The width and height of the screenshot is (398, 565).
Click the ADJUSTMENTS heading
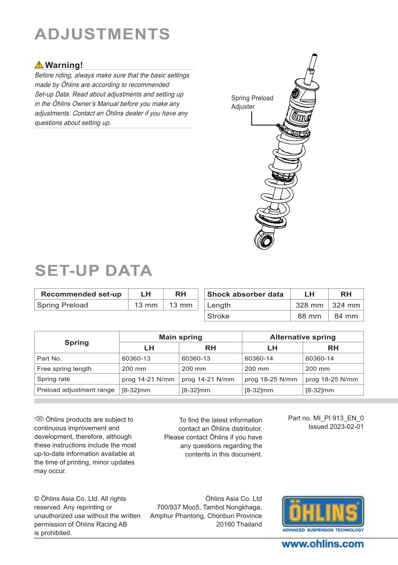click(x=102, y=34)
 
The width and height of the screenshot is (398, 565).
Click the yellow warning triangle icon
click(x=39, y=65)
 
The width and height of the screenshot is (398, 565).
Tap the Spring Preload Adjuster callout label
click(x=252, y=102)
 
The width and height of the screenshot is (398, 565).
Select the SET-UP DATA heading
click(x=93, y=270)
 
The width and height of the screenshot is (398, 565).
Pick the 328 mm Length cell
click(x=309, y=305)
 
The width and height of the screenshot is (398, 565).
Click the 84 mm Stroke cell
click(x=346, y=316)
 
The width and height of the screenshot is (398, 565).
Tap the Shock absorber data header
click(x=245, y=294)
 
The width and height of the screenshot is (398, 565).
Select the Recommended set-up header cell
click(x=81, y=294)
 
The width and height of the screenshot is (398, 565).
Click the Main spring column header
click(x=180, y=337)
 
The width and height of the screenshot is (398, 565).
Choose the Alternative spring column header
click(x=303, y=337)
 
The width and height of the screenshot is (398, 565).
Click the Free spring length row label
click(x=64, y=368)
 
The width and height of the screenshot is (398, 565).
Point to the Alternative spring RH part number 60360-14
click(x=320, y=358)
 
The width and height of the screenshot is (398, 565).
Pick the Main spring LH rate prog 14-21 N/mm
click(x=148, y=379)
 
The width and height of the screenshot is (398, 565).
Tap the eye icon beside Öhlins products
click(x=39, y=419)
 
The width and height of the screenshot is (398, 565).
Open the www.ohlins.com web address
click(x=323, y=544)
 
